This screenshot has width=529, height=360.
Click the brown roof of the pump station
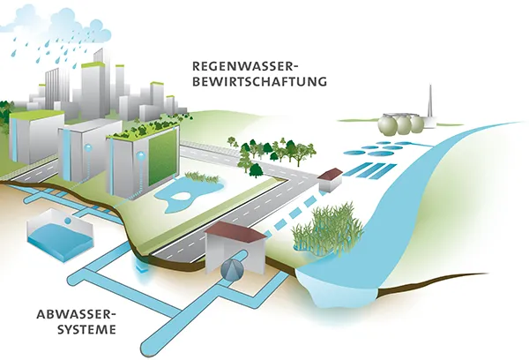236,230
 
